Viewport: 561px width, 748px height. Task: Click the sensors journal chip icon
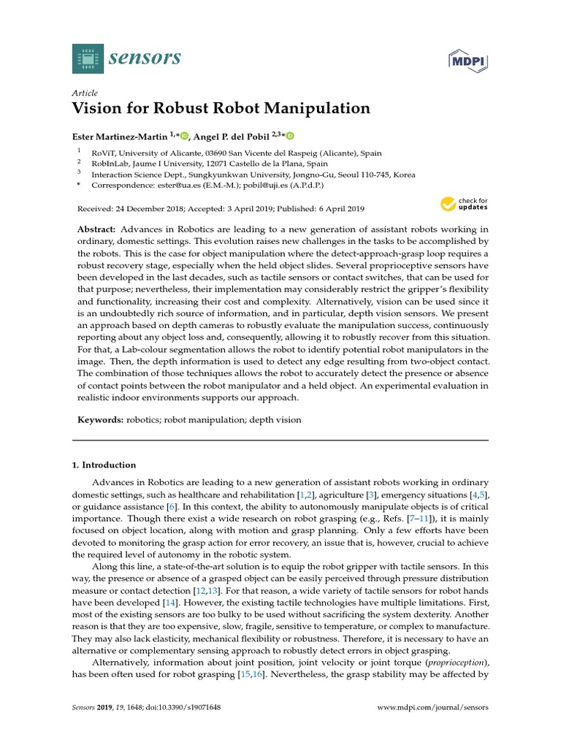click(x=88, y=58)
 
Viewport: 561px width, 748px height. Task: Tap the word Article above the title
click(x=85, y=93)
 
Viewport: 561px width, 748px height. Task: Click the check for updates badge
click(x=465, y=204)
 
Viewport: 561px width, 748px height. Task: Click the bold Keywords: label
click(x=100, y=420)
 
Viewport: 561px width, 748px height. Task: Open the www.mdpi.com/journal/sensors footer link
click(x=432, y=708)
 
